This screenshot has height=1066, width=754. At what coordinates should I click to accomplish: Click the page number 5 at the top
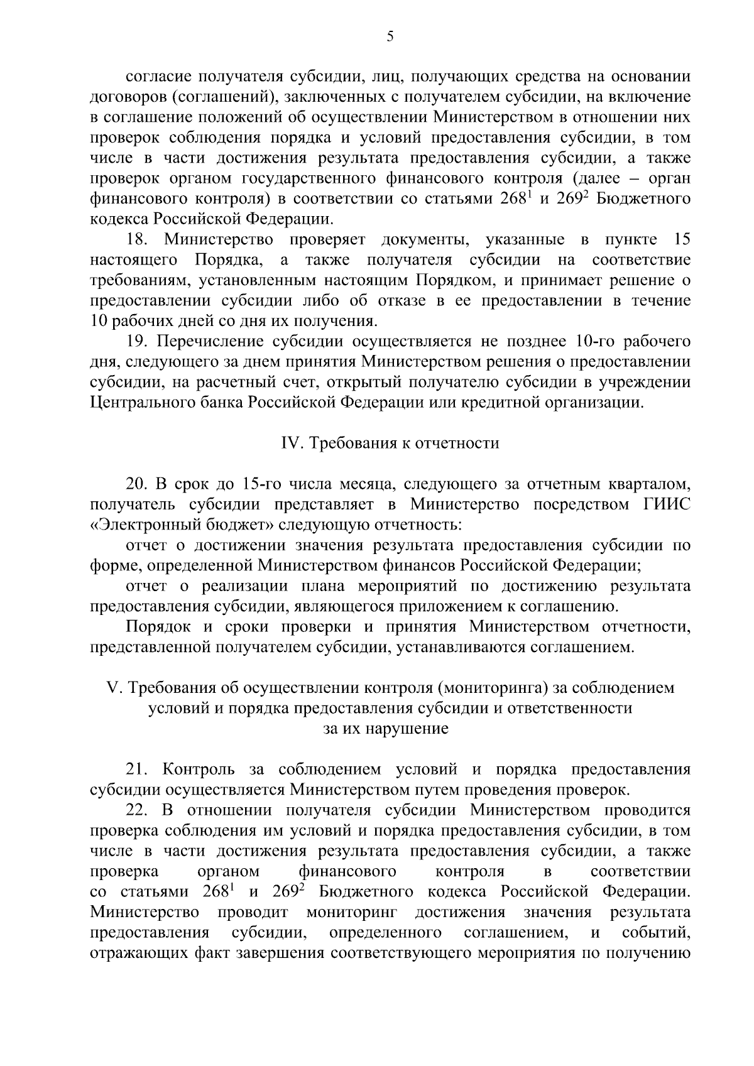(390, 36)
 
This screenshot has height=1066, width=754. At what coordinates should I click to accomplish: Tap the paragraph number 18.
(137, 240)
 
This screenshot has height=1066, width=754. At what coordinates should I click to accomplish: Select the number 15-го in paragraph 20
(261, 484)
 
